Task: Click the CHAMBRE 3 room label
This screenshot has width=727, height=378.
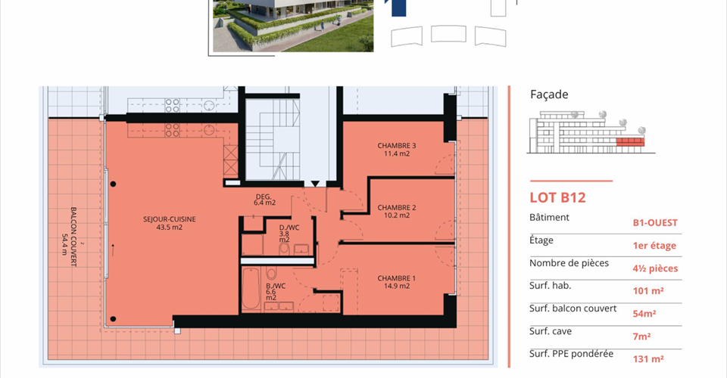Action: (396, 150)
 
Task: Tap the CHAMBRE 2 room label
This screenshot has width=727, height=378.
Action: (396, 211)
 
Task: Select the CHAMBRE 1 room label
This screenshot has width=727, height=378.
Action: (396, 282)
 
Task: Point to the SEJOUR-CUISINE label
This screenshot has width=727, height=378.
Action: (169, 223)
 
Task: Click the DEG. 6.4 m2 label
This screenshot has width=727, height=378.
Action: (264, 200)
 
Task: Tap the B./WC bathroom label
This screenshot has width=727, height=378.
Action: (276, 292)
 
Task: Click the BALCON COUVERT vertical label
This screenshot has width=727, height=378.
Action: (69, 237)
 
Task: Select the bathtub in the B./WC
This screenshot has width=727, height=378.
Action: (251, 289)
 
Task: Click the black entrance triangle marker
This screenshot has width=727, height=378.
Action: (315, 184)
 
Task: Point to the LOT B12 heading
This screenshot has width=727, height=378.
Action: (558, 197)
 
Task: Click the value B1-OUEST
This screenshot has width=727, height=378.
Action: (655, 222)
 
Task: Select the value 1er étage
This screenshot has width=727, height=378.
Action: (654, 246)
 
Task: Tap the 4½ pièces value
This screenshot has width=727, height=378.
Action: (655, 268)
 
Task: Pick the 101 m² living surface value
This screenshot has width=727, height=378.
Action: (648, 291)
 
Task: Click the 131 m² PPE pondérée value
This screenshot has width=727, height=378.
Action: (648, 359)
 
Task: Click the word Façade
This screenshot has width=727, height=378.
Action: (549, 94)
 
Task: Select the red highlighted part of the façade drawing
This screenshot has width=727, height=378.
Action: (630, 141)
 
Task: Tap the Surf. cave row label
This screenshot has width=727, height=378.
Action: (551, 331)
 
